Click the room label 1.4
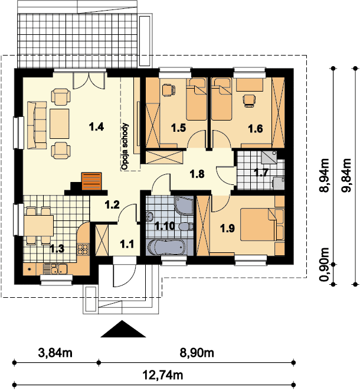pyautogui.click(x=96, y=127)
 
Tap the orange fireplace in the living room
pyautogui.click(x=91, y=181)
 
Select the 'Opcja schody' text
pyautogui.click(x=126, y=147)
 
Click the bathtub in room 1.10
pyautogui.click(x=166, y=247)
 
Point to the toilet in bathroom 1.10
pyautogui.click(x=186, y=226)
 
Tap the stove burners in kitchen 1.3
pyautogui.click(x=83, y=249)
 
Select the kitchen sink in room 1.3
pyautogui.click(x=55, y=269)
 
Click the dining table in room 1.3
pyautogui.click(x=38, y=226)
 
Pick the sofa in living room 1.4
pyautogui.click(x=37, y=125)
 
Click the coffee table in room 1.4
pyautogui.click(x=60, y=123)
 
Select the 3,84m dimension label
pyautogui.click(x=55, y=353)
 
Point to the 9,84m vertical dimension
pyautogui.click(x=347, y=175)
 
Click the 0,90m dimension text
pyautogui.click(x=324, y=265)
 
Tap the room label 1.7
pyautogui.click(x=261, y=172)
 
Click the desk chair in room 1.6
pyautogui.click(x=249, y=100)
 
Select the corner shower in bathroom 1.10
pyautogui.click(x=184, y=206)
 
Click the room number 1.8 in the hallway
pyautogui.click(x=197, y=174)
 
